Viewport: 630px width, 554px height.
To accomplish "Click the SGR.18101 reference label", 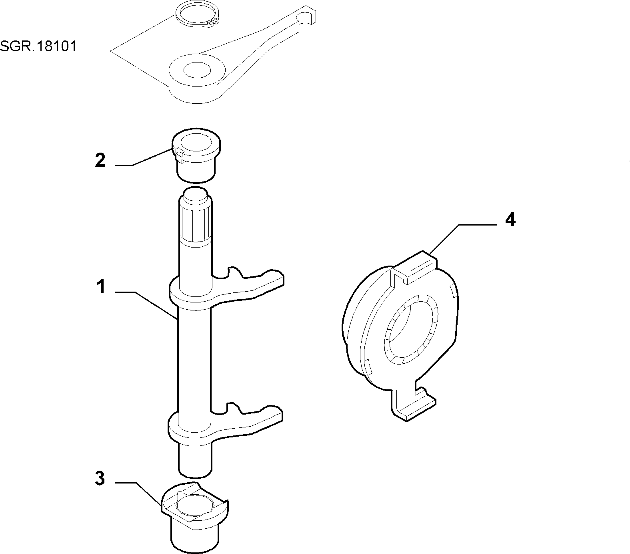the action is click(38, 47).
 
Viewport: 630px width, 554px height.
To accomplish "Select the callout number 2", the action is click(100, 160).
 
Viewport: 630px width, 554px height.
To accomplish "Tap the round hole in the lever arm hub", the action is click(197, 70).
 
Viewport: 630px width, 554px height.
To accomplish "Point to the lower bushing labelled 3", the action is click(195, 517).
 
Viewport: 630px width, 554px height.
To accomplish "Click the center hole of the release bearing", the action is click(411, 330).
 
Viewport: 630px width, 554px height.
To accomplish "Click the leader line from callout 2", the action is click(144, 158).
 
